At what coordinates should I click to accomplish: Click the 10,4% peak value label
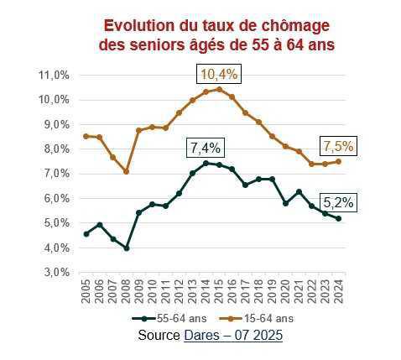coord(218,75)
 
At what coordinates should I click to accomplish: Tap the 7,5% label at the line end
coord(338,147)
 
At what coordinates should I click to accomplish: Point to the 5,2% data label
coord(339,202)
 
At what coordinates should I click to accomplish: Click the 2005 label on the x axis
coord(86,293)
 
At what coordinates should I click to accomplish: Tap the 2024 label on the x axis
coord(339,293)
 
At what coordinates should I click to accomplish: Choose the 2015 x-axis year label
coord(219,293)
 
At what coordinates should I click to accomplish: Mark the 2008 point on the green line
coord(126,248)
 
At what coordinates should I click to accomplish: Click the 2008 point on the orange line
coord(126,172)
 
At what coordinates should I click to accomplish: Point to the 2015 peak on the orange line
coord(219,89)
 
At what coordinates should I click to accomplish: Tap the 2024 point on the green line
coord(339,218)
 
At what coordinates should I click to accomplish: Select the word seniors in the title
coord(150,44)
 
